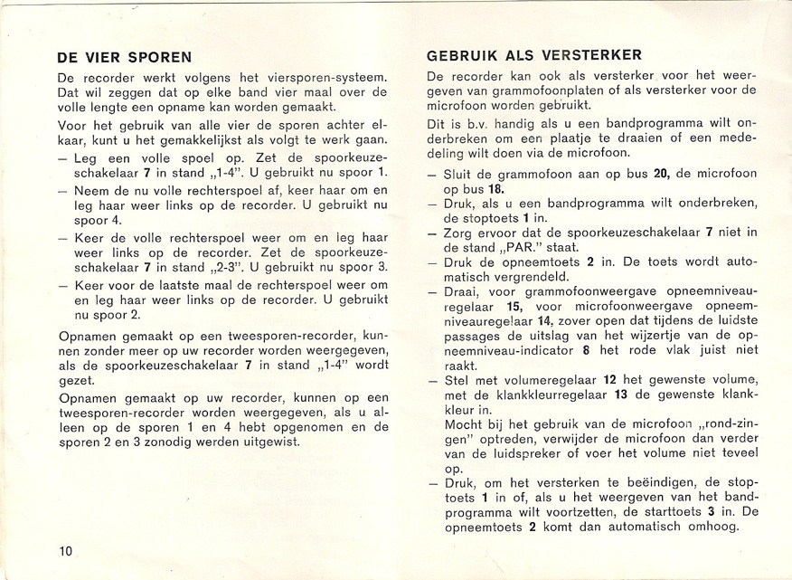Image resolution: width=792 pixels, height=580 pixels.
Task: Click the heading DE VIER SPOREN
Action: click(124, 57)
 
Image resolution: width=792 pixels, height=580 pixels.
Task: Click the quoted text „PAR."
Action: click(516, 249)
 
